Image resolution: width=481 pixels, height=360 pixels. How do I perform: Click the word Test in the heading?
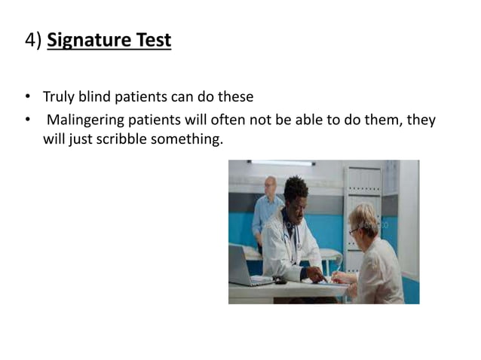(153, 40)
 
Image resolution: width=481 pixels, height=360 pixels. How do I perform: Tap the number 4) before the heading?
(32, 40)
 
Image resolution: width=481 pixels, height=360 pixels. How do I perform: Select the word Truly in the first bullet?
(57, 97)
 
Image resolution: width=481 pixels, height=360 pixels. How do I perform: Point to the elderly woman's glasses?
(354, 230)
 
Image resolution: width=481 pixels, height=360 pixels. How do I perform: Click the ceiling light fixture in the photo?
(280, 163)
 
